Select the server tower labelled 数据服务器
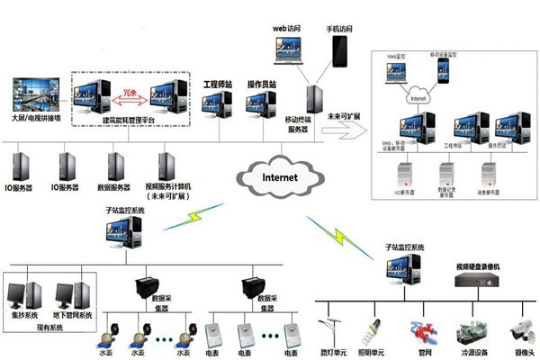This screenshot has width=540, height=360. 113,166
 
